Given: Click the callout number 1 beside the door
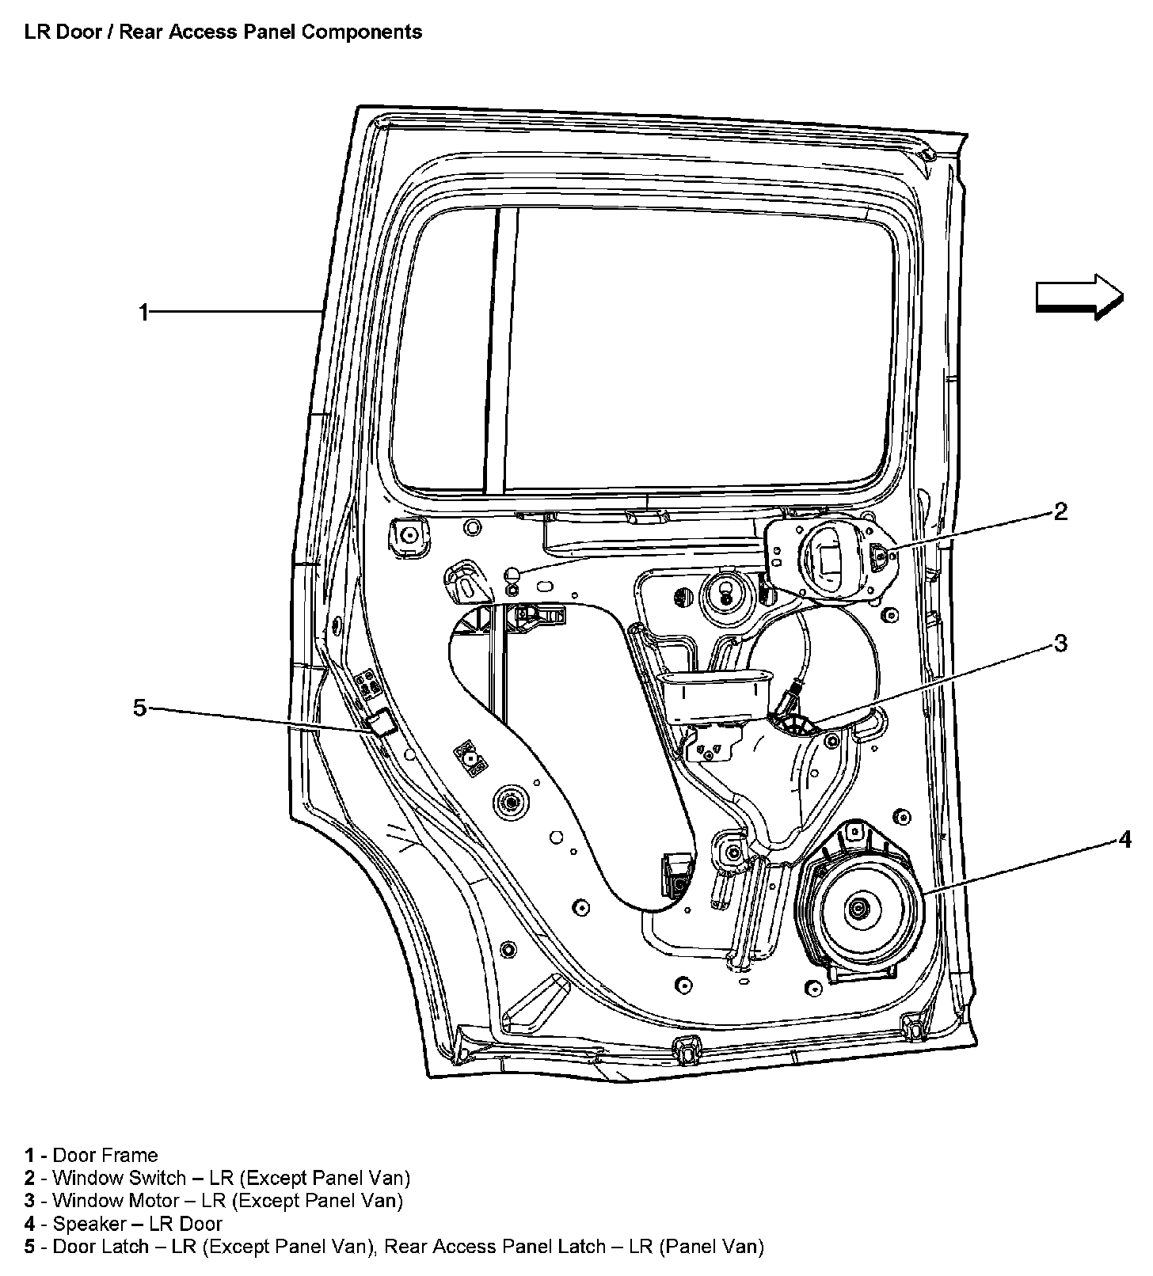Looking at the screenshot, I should click(143, 313).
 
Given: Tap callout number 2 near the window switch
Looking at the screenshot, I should click(1060, 511).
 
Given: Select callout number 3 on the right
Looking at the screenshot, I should click(1060, 644).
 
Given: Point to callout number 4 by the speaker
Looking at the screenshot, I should click(1125, 840).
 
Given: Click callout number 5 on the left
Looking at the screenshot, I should click(140, 707).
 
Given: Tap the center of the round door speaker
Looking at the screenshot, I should click(858, 909).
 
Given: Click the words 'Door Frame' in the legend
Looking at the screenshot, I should click(105, 1155).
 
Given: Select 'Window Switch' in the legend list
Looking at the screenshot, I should click(119, 1178).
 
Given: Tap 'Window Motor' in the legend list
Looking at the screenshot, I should click(116, 1201).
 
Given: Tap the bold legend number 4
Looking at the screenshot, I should click(29, 1224).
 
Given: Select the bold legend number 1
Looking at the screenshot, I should click(29, 1155).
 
